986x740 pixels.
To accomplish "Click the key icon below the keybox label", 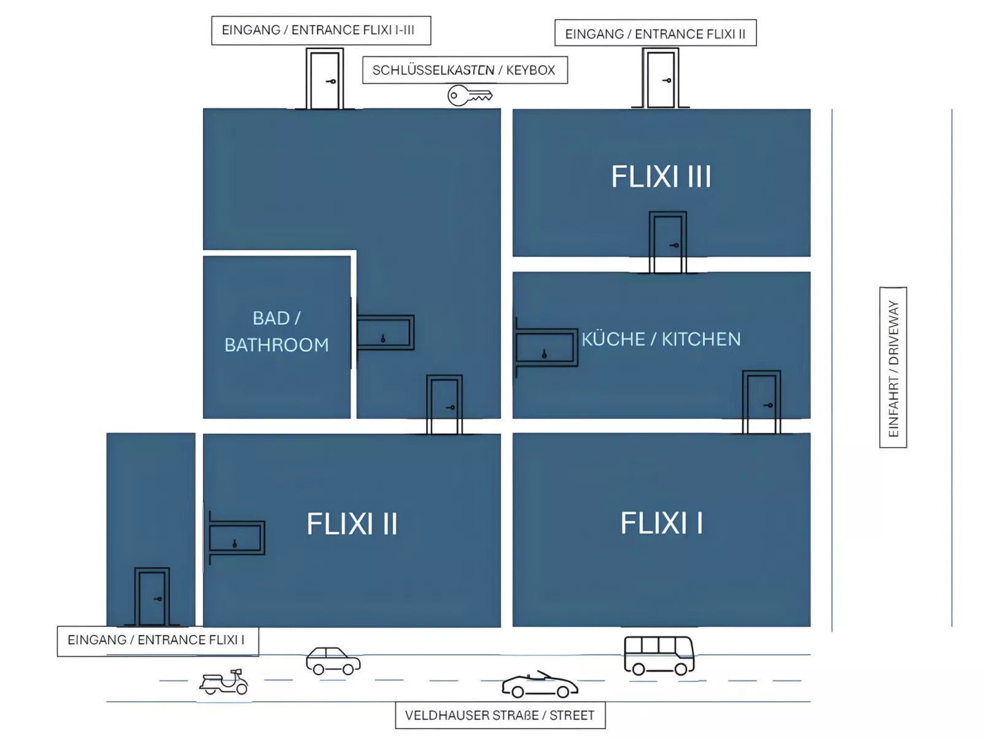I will coord(470,96).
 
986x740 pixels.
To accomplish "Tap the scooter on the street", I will coord(223,682).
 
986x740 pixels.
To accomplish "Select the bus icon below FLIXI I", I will coord(659,655).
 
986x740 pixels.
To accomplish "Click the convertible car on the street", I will coord(539,685).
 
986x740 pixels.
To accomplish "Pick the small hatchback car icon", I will coord(333,661).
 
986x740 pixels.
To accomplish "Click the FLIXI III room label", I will coord(661,177).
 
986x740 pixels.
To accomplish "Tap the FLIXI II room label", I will coord(352,524).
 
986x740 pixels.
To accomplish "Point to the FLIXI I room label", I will coord(661,523).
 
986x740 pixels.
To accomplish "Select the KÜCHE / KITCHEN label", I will coord(661,339).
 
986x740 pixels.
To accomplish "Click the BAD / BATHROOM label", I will coord(276,332).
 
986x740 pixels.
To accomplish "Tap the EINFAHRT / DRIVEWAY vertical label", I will coord(893,367).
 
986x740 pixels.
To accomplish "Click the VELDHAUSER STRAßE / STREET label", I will coord(500,715).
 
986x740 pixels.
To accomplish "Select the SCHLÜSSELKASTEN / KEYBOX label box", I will coord(464,70).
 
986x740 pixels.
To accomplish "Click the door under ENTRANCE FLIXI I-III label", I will coord(324,80).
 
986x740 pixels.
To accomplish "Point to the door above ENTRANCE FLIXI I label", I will coord(152,597).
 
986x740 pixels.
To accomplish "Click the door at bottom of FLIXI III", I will coord(667,243).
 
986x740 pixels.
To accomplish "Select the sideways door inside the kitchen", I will coord(546,348).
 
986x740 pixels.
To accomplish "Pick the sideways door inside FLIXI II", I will coord(236,538).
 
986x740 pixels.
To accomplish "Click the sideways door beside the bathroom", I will coord(385,332).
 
